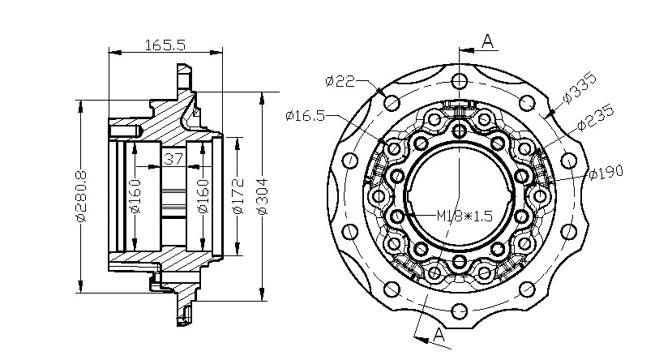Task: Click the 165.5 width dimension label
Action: click(x=165, y=45)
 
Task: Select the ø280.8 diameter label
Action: click(x=81, y=196)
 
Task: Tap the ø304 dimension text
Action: click(x=263, y=196)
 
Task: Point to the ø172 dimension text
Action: click(x=238, y=196)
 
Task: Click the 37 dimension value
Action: click(x=173, y=159)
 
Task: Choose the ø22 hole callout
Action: click(x=340, y=80)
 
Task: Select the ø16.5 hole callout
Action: click(x=306, y=115)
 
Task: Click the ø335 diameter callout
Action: click(x=580, y=88)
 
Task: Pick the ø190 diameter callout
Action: click(x=606, y=172)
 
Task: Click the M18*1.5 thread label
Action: click(x=464, y=216)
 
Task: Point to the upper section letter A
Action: click(x=487, y=41)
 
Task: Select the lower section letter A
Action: click(x=439, y=335)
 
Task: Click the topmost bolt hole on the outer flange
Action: click(x=460, y=80)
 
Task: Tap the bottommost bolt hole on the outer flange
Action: click(x=460, y=311)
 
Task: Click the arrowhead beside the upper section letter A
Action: click(x=466, y=50)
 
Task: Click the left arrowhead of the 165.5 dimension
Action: click(x=115, y=53)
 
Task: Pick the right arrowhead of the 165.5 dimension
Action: click(x=216, y=53)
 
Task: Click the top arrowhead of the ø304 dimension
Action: click(x=263, y=98)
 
